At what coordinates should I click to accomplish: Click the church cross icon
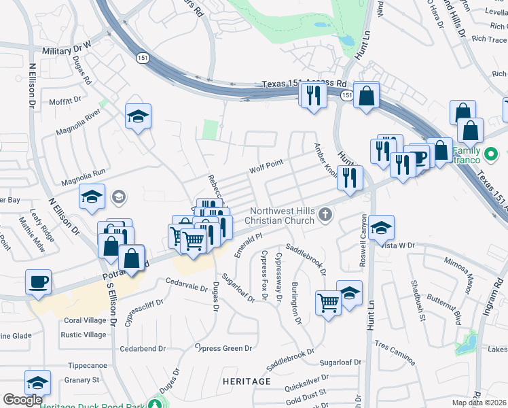[x=325, y=216]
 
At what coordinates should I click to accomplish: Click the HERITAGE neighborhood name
[x=247, y=381]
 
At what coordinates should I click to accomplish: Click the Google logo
[x=22, y=400]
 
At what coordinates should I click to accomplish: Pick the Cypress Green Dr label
[x=223, y=348]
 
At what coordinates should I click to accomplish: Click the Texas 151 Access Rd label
[x=304, y=84]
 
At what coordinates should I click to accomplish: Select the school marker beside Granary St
[x=37, y=384]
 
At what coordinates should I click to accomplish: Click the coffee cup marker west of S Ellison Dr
[x=38, y=282]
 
